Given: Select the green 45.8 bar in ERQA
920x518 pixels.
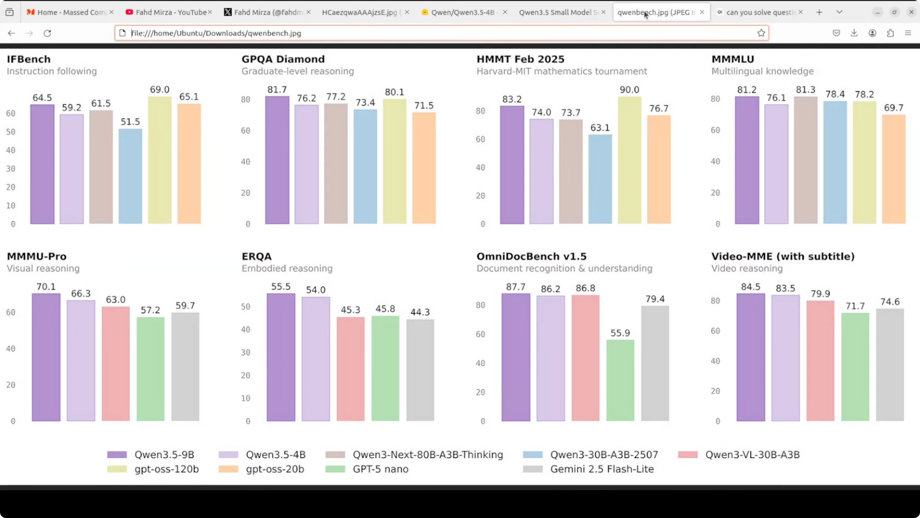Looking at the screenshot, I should (x=385, y=368).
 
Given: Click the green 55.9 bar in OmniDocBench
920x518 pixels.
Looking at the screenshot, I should (x=620, y=380).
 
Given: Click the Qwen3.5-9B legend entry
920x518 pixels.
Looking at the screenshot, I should (x=151, y=455).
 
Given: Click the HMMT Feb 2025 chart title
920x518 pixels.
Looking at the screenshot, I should (x=520, y=59).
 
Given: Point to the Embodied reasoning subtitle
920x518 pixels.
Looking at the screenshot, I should (x=287, y=269).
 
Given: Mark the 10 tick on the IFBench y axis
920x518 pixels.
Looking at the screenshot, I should (x=11, y=205).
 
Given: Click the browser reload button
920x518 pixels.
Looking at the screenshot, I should (x=47, y=33).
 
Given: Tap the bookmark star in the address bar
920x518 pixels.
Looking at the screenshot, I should (x=761, y=33).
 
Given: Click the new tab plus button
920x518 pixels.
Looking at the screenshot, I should (x=819, y=12).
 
